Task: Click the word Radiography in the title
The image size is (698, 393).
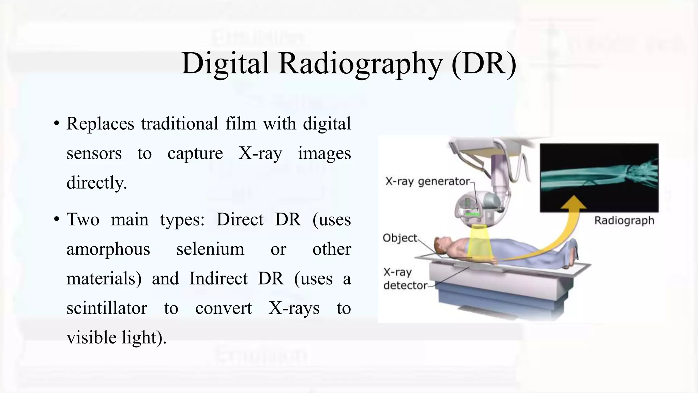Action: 360,64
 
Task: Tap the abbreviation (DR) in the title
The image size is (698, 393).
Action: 484,64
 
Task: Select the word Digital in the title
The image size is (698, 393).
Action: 225,64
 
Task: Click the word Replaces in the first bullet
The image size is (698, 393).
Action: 100,123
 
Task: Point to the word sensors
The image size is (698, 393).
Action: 94,153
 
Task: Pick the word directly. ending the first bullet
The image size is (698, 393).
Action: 96,183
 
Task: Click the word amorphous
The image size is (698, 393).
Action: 108,249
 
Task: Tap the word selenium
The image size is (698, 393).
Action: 210,249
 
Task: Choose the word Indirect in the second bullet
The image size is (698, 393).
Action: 218,278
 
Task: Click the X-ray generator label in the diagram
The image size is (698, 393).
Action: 428,181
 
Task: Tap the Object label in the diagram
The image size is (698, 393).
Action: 400,238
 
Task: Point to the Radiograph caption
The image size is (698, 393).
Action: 624,220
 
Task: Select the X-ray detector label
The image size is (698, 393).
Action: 405,279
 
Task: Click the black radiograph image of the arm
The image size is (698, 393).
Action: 599,178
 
